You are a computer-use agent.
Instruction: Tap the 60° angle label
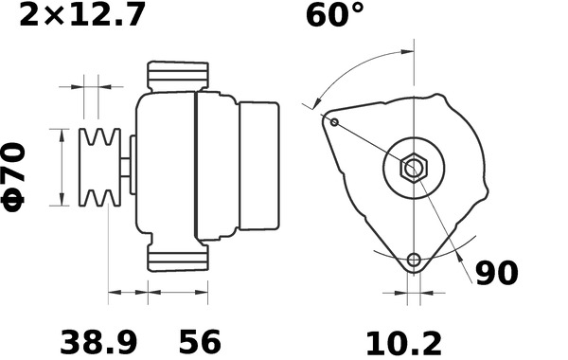click(334, 17)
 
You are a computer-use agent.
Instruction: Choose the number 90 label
click(496, 274)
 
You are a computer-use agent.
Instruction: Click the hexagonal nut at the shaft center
click(414, 170)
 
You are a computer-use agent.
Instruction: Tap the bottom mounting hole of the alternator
click(413, 261)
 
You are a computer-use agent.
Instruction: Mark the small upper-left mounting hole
click(332, 121)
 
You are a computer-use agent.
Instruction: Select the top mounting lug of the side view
click(177, 77)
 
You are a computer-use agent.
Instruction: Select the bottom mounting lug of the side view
click(177, 257)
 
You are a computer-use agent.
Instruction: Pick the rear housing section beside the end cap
click(216, 166)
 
